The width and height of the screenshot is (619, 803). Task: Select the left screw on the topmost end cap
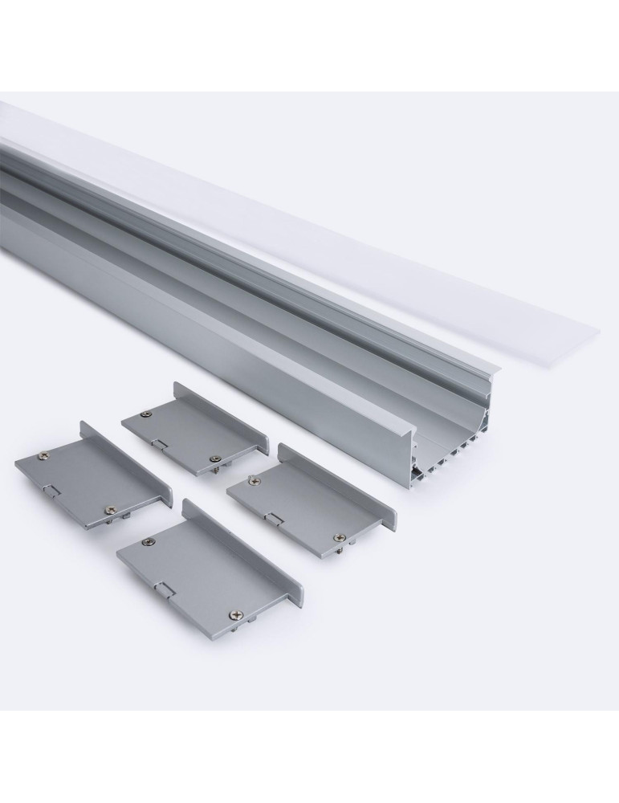tap(145, 414)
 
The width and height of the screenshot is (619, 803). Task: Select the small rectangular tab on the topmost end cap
tap(161, 442)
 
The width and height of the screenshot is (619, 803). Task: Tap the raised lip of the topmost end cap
tap(225, 416)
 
